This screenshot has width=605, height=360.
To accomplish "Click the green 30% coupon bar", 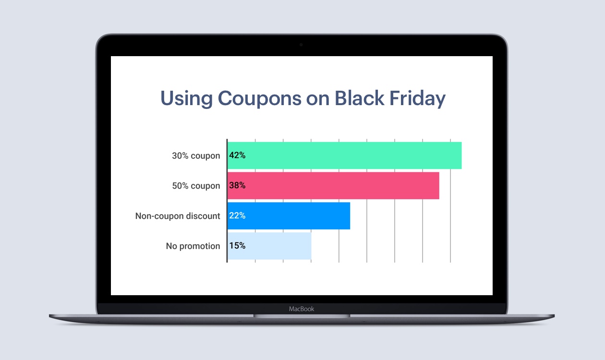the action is pos(345,156).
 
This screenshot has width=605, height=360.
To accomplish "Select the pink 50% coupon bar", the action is pos(333,186).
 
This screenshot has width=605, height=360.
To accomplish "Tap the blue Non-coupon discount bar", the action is pos(289,216).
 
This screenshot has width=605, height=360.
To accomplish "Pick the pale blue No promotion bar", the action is pos(269,246).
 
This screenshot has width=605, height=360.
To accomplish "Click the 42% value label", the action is pos(237,156).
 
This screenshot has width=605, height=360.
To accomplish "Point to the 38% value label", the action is pos(237,185).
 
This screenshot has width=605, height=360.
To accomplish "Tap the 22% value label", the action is pos(237,216).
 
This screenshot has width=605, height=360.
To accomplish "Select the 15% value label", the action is pos(237,245).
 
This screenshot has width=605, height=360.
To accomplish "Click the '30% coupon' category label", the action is pos(196,156).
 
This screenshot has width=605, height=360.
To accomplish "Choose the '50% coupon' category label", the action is pos(196,186).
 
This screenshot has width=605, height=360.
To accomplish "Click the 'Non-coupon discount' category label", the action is pos(178,216).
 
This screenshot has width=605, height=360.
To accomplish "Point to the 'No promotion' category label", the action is pos(193,246).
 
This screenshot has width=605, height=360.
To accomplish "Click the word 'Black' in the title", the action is pos(359,98).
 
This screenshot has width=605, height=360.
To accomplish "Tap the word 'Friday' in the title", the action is pos(418,99).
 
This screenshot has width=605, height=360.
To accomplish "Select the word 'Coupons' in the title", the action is pos(260,99).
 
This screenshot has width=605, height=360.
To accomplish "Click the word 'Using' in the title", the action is pos(187,99).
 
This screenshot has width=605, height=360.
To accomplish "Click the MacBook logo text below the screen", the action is pos(302,309).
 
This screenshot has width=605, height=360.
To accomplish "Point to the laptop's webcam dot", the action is pos(301,45).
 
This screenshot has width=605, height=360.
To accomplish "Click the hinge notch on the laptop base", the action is pos(302,316).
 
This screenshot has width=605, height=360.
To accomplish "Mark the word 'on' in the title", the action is pos(318,99).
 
